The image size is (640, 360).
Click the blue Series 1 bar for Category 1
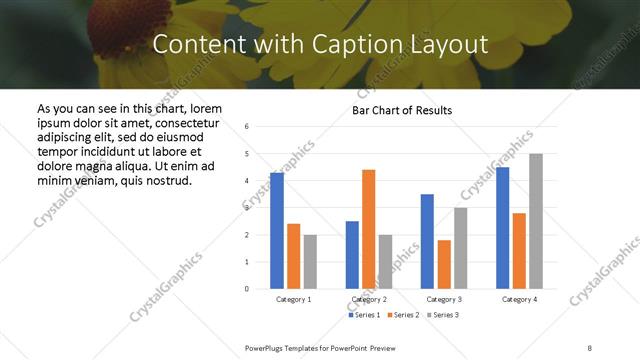pos(277,231)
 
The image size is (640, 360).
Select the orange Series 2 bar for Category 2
pos(369,229)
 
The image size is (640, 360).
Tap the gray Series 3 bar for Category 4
pos(536,221)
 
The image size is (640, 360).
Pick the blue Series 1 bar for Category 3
pos(428,241)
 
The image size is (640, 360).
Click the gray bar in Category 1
pos(310,262)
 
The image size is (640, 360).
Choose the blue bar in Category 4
pos(503,228)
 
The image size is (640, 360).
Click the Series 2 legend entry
pos(403,315)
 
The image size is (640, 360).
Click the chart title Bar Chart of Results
pos(402,110)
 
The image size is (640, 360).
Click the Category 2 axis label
pos(369,299)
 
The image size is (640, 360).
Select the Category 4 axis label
pos(519,299)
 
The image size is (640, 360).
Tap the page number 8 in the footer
pos(589,346)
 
